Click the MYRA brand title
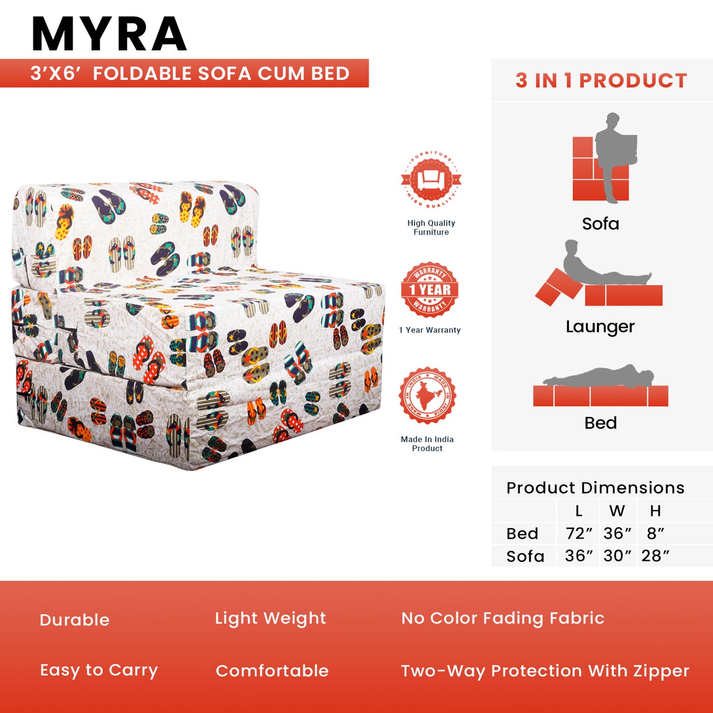(x=109, y=34)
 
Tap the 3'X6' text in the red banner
(x=55, y=74)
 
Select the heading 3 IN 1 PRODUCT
(x=601, y=80)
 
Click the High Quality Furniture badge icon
(x=431, y=180)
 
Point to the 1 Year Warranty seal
(x=430, y=290)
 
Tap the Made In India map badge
(x=427, y=395)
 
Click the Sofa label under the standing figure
(x=600, y=224)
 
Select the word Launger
(x=600, y=327)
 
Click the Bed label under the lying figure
(x=600, y=423)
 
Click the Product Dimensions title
(x=595, y=488)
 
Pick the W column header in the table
(x=617, y=511)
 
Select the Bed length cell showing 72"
(x=578, y=533)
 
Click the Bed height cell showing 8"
(x=655, y=533)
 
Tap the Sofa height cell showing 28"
(x=655, y=556)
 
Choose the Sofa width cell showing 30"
(x=617, y=556)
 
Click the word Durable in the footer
(x=75, y=620)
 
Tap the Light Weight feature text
(x=270, y=618)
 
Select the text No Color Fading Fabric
(x=503, y=618)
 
